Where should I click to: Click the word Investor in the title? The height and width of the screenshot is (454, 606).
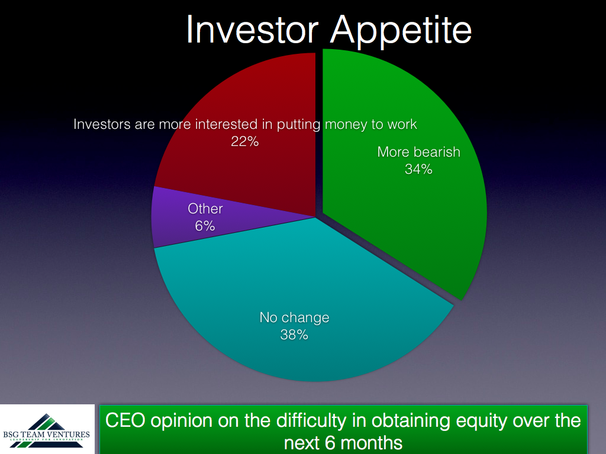252,30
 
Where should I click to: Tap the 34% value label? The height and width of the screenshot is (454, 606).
418,169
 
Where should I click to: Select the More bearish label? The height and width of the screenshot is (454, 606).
419,152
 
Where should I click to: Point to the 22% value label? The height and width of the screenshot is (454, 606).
244,141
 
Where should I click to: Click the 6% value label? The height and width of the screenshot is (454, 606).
205,226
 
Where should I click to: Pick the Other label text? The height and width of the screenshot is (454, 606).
205,209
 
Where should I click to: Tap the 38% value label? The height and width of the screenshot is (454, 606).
294,335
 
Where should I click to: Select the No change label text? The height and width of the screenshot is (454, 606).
295,317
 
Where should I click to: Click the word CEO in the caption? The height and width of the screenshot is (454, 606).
125,420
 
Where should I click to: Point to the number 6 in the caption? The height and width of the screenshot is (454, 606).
330,443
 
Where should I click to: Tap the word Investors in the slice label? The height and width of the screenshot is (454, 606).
102,124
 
